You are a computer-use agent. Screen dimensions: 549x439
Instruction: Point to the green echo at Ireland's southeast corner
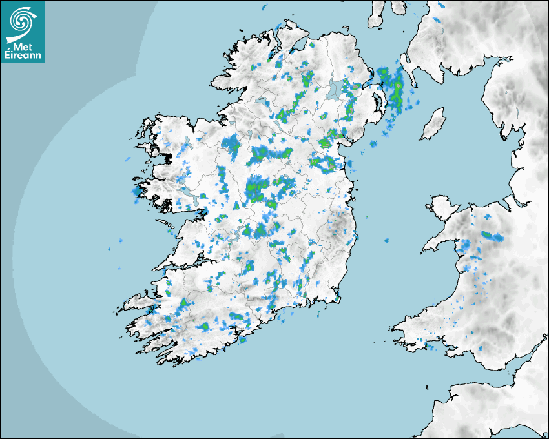click(338, 298)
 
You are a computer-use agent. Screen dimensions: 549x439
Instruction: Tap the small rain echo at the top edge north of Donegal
click(265, 7)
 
